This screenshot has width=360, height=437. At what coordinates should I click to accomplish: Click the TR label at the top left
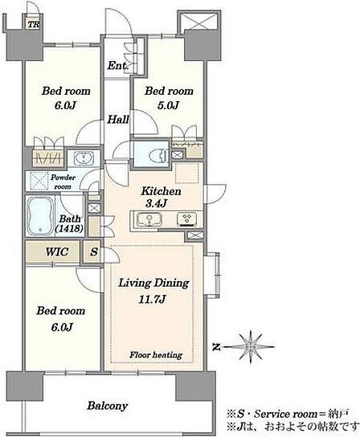coord(34,25)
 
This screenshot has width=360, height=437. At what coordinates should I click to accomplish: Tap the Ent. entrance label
coord(117,66)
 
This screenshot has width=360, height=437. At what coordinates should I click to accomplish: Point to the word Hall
coord(118,120)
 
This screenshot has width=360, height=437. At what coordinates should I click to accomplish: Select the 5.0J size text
coord(168,105)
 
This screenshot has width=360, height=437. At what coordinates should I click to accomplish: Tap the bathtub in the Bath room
coord(41,215)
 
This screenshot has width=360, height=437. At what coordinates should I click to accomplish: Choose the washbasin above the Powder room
coord(84,158)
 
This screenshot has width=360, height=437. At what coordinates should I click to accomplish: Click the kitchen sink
coord(149,219)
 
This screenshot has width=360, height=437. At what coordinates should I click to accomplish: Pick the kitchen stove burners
coord(186,219)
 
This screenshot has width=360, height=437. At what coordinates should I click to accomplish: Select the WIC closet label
coord(57,252)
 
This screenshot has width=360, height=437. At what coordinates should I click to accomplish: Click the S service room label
coord(94,252)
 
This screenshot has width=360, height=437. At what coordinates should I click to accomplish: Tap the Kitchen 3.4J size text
coord(156,204)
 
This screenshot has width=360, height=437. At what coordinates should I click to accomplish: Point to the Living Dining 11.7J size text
coord(153,300)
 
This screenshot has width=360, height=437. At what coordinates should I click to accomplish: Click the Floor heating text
coord(156,355)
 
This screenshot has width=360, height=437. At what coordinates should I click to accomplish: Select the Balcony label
coord(108,406)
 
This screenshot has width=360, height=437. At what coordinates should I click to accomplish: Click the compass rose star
coord(250,346)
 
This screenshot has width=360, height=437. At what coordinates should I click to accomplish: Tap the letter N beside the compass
coord(215,347)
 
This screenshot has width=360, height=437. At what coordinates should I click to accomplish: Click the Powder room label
coord(63,182)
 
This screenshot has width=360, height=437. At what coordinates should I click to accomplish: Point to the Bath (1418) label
coord(69,224)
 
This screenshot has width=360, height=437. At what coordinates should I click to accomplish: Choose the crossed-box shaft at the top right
coord(198,21)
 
